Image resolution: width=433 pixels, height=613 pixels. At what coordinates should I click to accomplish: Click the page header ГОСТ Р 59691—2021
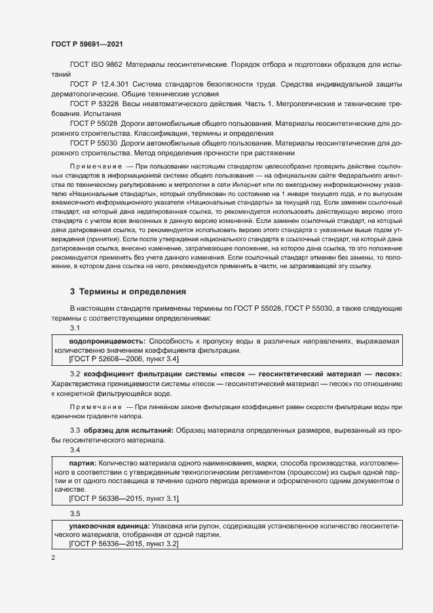pos(86,43)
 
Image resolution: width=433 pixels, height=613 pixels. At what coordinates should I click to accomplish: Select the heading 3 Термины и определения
pos(128,290)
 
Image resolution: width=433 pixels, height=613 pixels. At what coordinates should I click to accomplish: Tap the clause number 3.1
pos(75,327)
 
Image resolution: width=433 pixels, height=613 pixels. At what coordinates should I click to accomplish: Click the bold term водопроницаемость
pos(107,342)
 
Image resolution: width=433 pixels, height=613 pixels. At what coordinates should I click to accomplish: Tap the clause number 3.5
pos(75,513)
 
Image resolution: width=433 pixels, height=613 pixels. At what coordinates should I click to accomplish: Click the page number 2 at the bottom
pos(53,558)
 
